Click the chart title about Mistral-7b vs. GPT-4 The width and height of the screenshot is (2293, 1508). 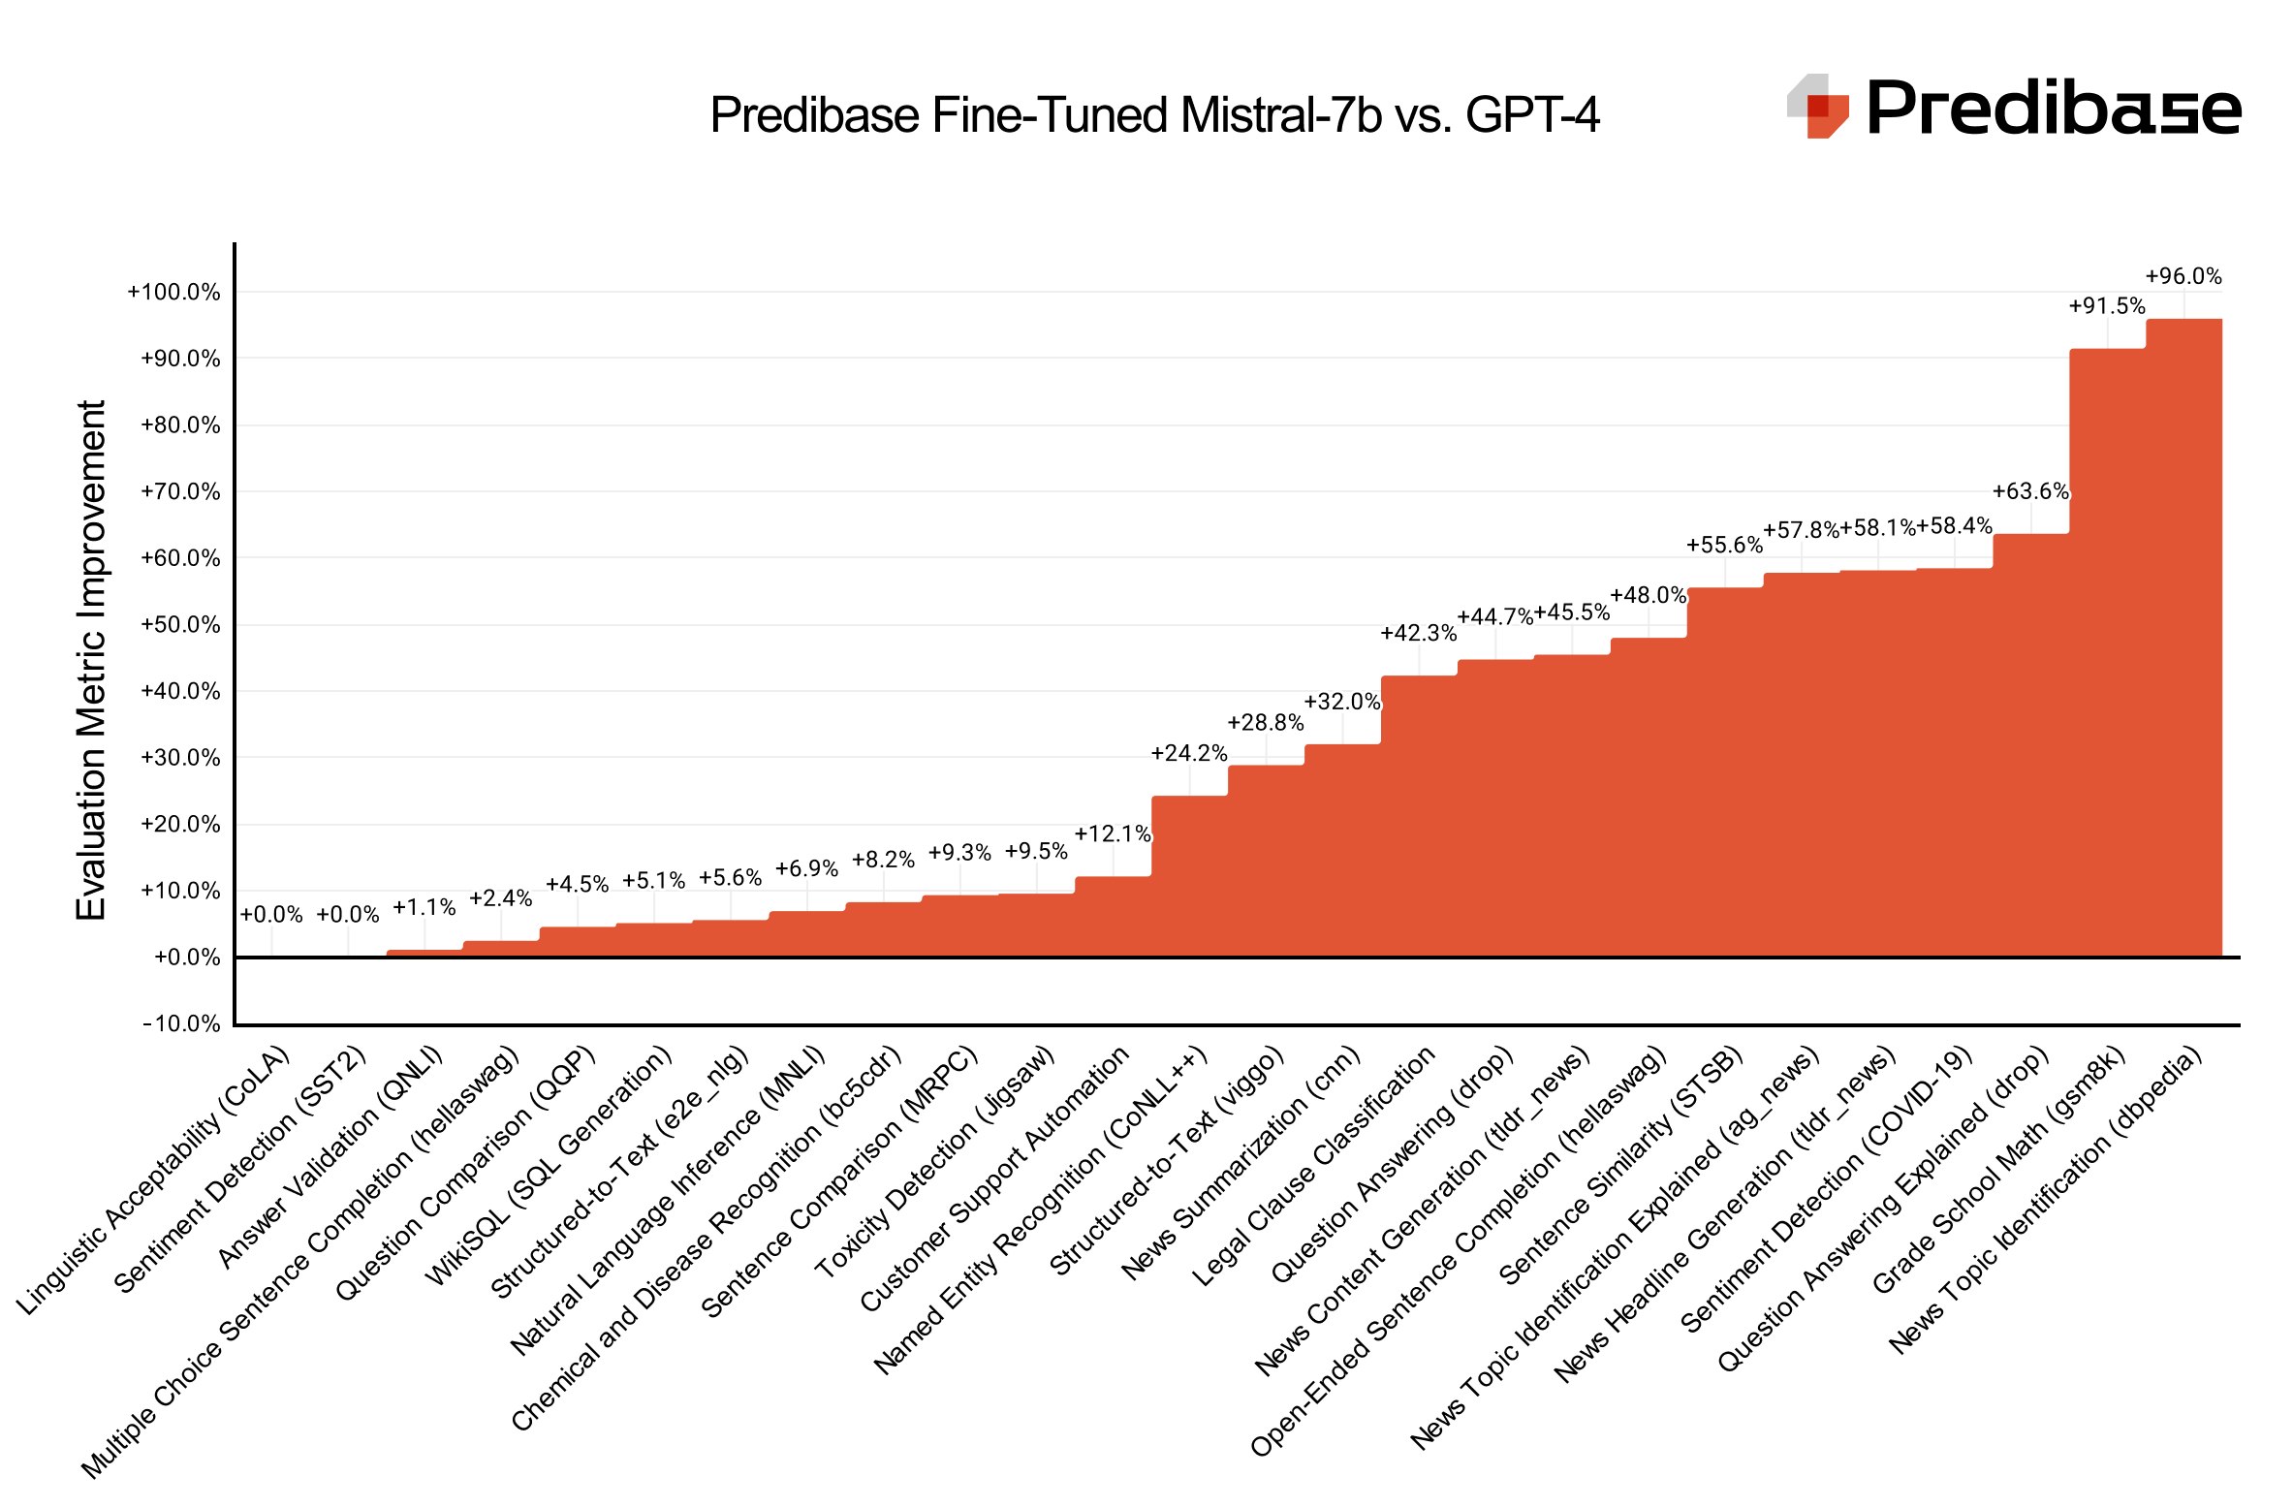tap(1154, 115)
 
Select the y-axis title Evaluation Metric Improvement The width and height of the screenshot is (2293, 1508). tap(91, 659)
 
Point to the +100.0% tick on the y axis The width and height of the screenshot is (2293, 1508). tap(174, 292)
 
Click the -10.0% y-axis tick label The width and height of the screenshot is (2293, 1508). tap(181, 1023)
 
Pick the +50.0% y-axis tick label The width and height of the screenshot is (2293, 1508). tap(181, 624)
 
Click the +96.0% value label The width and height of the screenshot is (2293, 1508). tap(2183, 276)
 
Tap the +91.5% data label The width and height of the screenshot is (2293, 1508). tap(2107, 306)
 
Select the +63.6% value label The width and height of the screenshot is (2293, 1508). tap(2030, 491)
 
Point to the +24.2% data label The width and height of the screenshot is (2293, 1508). tap(1189, 753)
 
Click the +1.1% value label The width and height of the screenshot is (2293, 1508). tap(424, 907)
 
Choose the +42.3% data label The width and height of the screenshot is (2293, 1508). tap(1419, 633)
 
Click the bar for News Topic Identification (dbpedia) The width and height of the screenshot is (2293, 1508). tap(2183, 640)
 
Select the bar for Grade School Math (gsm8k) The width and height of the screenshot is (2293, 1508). tap(2107, 654)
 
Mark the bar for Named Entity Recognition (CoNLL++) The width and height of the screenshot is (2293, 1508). tap(1189, 877)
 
